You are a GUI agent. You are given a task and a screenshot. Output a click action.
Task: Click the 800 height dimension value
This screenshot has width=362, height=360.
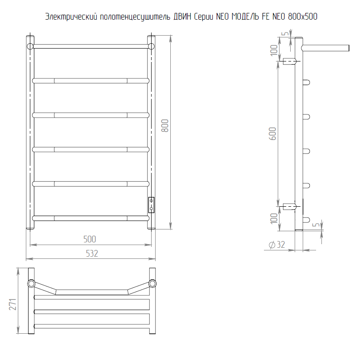(x=165, y=126)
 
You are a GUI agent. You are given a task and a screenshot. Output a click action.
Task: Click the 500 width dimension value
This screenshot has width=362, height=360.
(x=90, y=239)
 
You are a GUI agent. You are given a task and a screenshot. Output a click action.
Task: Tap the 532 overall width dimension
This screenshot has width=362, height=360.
(x=92, y=254)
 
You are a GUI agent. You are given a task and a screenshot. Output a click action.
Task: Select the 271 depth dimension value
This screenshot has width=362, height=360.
(x=12, y=304)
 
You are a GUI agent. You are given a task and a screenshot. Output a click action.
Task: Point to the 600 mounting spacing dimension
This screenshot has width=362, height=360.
(x=272, y=133)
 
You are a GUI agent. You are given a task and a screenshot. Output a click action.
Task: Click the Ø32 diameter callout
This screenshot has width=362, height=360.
(x=277, y=245)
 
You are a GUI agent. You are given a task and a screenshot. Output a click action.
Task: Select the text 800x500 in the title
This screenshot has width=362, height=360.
(x=303, y=16)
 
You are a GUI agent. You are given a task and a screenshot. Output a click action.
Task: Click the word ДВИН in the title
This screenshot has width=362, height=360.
(x=182, y=16)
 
